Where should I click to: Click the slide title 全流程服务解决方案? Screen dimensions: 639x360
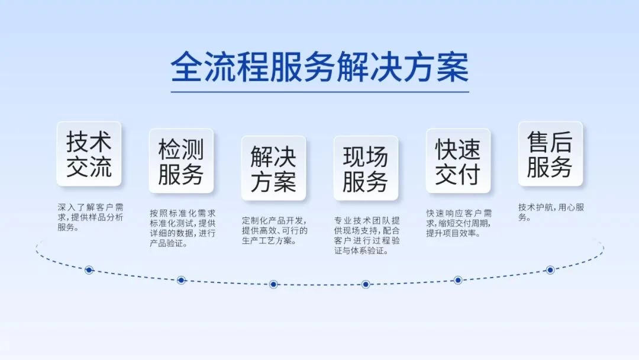pyautogui.click(x=319, y=67)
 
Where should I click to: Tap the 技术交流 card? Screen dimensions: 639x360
pyautogui.click(x=89, y=154)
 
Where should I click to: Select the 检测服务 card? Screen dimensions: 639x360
pyautogui.click(x=182, y=161)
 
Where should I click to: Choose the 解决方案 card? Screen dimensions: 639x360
pyautogui.click(x=273, y=168)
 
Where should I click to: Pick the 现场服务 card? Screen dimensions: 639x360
pyautogui.click(x=366, y=168)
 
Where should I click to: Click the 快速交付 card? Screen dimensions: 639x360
pyautogui.click(x=458, y=161)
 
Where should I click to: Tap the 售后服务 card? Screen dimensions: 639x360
pyautogui.click(x=551, y=154)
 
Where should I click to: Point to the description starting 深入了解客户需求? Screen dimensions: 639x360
pyautogui.click(x=90, y=217)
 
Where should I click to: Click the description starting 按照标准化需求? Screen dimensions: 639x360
pyautogui.click(x=183, y=229)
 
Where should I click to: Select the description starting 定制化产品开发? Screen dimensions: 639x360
pyautogui.click(x=275, y=231)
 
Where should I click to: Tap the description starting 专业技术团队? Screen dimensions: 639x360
pyautogui.click(x=367, y=236)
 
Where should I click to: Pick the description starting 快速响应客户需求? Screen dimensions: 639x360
pyautogui.click(x=459, y=223)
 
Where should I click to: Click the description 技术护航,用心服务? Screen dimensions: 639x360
pyautogui.click(x=551, y=213)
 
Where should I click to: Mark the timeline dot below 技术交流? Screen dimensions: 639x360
pyautogui.click(x=89, y=270)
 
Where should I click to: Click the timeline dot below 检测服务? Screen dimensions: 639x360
pyautogui.click(x=182, y=280)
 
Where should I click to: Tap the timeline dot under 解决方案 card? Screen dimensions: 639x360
pyautogui.click(x=273, y=284)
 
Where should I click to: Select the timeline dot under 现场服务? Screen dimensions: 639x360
pyautogui.click(x=366, y=284)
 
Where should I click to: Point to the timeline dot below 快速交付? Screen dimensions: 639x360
pyautogui.click(x=458, y=280)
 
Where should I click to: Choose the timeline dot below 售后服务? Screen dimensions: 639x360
pyautogui.click(x=550, y=270)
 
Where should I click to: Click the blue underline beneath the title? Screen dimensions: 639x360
pyautogui.click(x=319, y=92)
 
